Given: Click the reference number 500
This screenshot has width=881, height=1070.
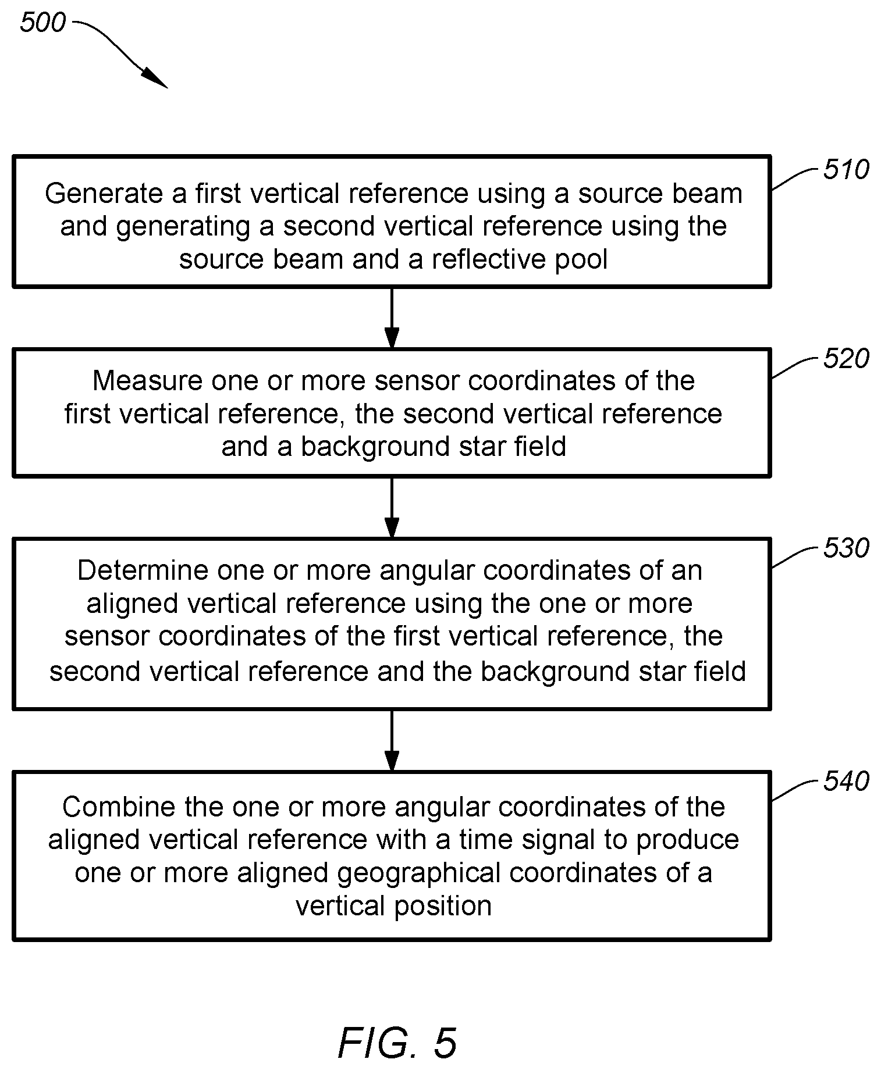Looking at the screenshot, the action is point(43,23).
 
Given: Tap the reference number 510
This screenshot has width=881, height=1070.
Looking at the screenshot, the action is point(846,170).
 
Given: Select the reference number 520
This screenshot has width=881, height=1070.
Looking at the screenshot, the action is point(846,359).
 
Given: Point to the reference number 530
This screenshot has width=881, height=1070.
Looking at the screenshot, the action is point(846,548).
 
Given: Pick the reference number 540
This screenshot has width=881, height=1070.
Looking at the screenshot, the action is point(846,782).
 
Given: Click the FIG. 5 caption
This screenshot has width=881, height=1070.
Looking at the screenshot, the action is point(397,1043).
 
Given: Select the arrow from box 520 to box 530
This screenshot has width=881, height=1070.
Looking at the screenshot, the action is point(392,507).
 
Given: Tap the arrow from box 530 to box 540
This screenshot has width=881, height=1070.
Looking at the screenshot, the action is point(392,740).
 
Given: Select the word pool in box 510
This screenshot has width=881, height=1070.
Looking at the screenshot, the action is point(581,260).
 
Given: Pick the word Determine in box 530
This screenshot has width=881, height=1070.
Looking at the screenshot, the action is point(143,571).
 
